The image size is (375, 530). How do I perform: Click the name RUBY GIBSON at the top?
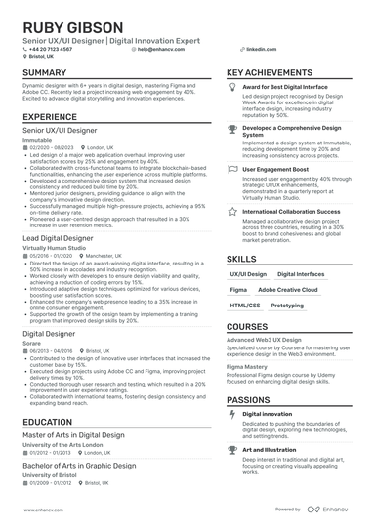tap(62, 27)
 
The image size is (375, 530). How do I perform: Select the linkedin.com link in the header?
tap(259, 48)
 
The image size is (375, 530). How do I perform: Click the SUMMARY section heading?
tap(45, 73)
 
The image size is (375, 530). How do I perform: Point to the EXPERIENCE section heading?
tap(49, 116)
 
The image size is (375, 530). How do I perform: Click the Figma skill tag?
tap(237, 291)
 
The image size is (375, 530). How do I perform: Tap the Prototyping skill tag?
tap(287, 306)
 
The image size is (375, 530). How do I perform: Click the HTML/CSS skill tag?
tap(245, 306)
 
